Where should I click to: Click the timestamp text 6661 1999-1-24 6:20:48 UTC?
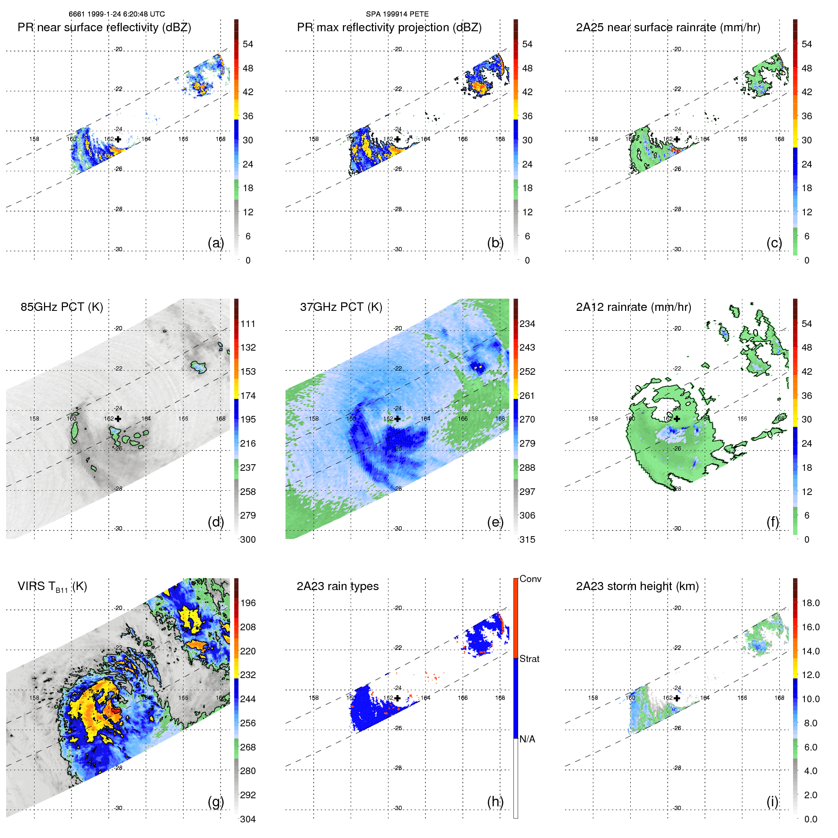[116, 14]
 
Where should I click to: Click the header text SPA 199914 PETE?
[397, 14]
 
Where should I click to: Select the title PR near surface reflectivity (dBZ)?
[104, 27]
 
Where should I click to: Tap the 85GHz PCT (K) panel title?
[62, 307]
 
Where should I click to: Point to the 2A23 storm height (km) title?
[637, 586]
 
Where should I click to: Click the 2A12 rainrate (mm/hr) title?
[633, 307]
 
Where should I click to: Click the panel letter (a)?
[215, 243]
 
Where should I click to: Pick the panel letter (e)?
[495, 522]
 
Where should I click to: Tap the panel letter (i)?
[772, 802]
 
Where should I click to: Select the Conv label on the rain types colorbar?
[530, 579]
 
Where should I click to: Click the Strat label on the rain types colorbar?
[529, 659]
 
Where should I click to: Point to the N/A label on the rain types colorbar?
[527, 739]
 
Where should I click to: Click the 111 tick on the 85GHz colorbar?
[248, 324]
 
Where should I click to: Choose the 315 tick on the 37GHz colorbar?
[527, 539]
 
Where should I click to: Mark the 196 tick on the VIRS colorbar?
[248, 603]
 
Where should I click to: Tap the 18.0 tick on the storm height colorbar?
[810, 603]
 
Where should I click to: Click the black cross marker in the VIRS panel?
[118, 698]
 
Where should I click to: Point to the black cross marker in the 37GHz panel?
[397, 419]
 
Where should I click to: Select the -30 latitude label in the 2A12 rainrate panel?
[677, 529]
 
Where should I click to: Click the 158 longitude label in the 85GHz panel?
[34, 419]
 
